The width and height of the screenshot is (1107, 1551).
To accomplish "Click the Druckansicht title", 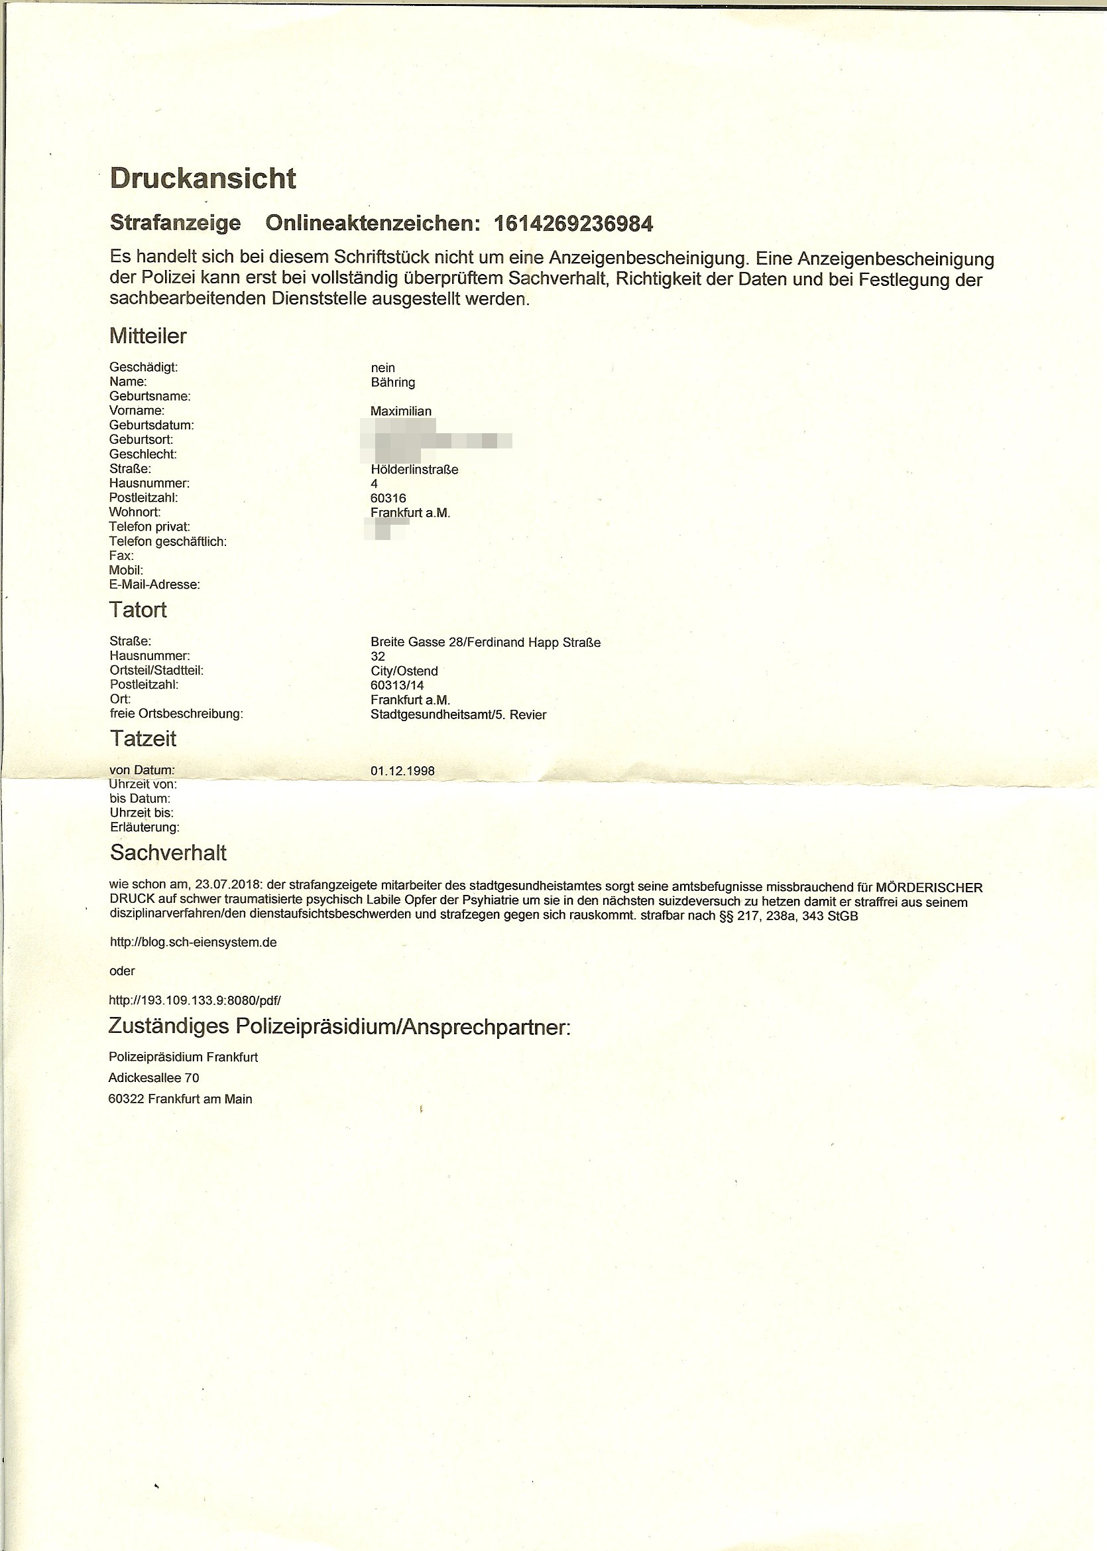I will tap(202, 178).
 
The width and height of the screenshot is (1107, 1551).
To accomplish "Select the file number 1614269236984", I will tap(573, 224).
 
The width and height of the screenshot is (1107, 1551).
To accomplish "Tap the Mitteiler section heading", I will tap(148, 336).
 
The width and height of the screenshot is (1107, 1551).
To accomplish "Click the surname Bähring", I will tap(392, 383).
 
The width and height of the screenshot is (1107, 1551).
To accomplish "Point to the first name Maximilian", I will tap(401, 411).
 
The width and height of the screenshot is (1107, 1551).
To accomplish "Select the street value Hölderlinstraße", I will tap(414, 469).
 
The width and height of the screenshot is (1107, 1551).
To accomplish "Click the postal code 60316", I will tap(388, 498).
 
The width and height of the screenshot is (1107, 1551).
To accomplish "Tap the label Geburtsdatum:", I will tap(151, 425).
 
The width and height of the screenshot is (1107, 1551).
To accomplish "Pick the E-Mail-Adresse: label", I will tap(154, 584).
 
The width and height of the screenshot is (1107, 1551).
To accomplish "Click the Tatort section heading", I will tap(138, 610).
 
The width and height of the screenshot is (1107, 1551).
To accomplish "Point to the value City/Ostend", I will tap(404, 671).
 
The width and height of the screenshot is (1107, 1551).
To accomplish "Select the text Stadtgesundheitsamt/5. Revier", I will tap(458, 714).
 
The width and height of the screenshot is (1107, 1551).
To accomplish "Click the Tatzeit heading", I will tap(143, 738).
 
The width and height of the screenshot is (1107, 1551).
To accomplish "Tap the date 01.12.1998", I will tap(402, 772).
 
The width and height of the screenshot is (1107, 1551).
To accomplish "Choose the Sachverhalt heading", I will tap(168, 852).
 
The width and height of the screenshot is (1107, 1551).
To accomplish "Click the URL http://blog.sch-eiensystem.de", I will tap(193, 943).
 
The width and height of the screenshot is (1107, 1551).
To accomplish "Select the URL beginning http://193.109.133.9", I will tap(194, 1000).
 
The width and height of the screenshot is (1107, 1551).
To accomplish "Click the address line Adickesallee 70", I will tap(153, 1077).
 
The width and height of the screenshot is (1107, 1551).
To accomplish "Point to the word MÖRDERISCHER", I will tap(929, 888).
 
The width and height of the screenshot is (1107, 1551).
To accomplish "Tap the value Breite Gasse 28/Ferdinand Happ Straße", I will tap(485, 643).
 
